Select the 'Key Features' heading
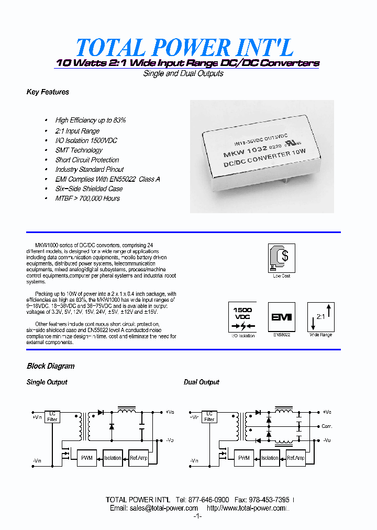(x=48, y=92)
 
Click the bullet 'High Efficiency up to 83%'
(x=91, y=120)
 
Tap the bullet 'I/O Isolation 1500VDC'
(x=86, y=140)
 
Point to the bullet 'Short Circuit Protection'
(x=87, y=160)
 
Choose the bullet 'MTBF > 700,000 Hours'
(x=87, y=198)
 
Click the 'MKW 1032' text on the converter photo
(x=245, y=153)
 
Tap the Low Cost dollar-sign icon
(x=281, y=257)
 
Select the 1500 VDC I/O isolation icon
(x=242, y=317)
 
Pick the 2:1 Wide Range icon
(x=320, y=316)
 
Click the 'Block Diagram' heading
(x=51, y=366)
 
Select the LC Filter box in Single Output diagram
(x=53, y=416)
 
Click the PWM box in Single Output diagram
(x=87, y=458)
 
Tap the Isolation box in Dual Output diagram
(x=270, y=458)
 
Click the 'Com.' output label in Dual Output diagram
(x=327, y=426)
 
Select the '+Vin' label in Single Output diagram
(x=37, y=417)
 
